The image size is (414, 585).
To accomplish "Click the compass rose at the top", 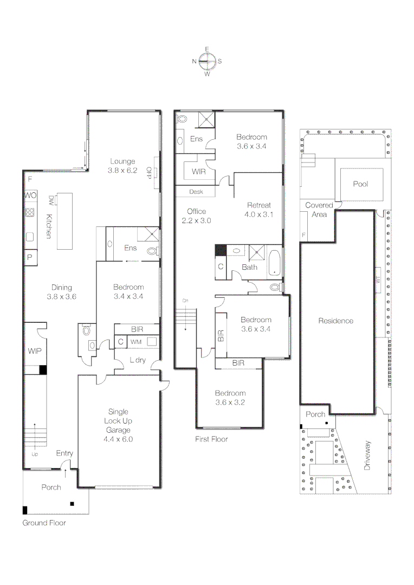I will (x=207, y=61).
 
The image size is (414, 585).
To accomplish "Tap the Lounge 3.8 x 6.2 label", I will (x=122, y=165).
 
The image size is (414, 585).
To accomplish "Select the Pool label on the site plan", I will (x=360, y=184).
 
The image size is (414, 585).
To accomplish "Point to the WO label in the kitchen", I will (x=30, y=195).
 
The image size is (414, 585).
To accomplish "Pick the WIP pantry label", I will (x=34, y=351).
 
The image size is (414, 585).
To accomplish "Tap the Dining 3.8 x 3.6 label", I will (x=61, y=292).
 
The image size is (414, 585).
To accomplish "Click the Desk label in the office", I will (x=196, y=192).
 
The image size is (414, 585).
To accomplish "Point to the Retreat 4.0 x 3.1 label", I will (x=258, y=210).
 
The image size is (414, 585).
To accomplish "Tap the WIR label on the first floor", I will (x=198, y=171).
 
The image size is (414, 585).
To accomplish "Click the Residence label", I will (x=335, y=321).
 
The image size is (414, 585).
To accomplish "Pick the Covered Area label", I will (x=319, y=210).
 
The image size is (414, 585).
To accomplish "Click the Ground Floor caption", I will (x=44, y=523).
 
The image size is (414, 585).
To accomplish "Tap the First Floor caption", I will (x=211, y=439).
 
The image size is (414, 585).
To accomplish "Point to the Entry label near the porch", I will (x=64, y=453).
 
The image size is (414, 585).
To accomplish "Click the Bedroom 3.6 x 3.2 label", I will (x=230, y=398).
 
